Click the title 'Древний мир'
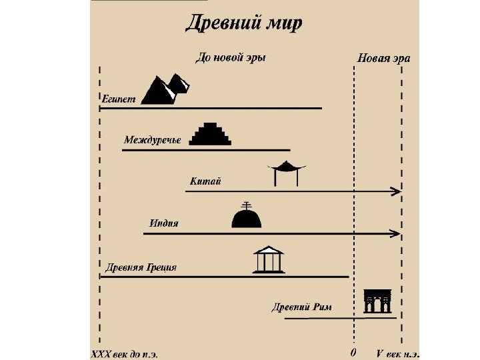click(243, 23)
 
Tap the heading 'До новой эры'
click(230, 57)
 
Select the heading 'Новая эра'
click(384, 58)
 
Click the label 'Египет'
click(119, 99)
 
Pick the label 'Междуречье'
click(152, 140)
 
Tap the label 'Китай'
click(205, 181)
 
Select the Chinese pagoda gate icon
click(286, 173)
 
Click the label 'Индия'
click(164, 223)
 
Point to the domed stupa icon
click(246, 215)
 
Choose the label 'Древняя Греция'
click(141, 267)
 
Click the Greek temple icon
click(269, 259)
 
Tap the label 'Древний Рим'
click(301, 307)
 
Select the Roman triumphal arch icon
click(377, 301)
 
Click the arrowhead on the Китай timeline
click(397, 191)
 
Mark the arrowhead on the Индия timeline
click(397, 233)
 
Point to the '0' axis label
click(353, 351)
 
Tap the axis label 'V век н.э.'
click(399, 352)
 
